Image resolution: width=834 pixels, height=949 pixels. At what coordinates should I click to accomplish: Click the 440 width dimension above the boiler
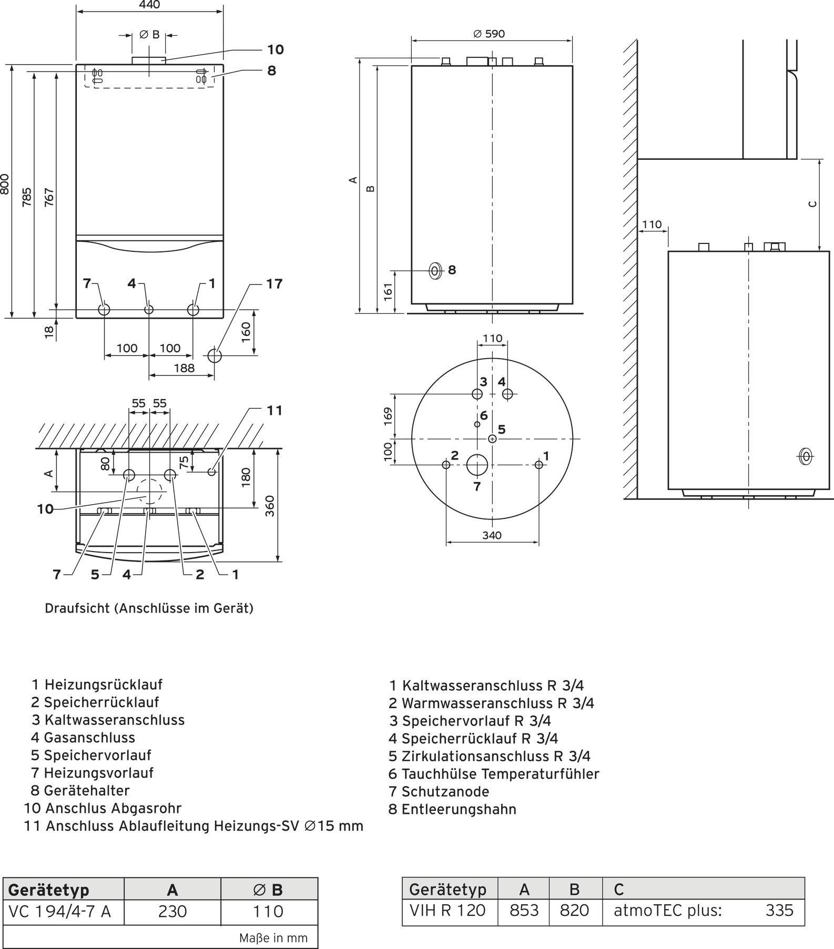pos(150,5)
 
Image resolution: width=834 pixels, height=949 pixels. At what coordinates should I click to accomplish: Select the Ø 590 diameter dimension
pos(489,34)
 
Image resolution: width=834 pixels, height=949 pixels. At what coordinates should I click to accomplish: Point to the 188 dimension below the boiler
pos(184,368)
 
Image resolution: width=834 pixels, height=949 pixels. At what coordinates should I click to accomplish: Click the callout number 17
pos(274,284)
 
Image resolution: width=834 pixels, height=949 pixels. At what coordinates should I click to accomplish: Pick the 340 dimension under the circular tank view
pos(492,535)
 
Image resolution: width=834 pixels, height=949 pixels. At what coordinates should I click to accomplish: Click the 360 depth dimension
pos(270,506)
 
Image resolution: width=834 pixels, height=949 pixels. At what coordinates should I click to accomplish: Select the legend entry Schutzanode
pos(445,791)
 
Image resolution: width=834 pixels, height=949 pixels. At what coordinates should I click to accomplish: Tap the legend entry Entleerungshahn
pos(459,809)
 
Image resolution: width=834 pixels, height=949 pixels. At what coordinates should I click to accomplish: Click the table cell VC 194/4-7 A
pos(60,911)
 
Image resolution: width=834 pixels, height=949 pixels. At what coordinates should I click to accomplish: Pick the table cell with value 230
pos(172,911)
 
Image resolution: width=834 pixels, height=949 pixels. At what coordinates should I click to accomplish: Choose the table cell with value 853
pos(524,910)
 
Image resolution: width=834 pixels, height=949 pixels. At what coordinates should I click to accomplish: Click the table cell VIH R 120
pos(447,910)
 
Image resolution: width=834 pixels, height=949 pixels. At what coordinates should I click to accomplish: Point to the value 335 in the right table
pos(779,910)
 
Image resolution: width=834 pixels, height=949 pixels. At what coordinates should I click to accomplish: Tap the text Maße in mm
pos(273,938)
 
